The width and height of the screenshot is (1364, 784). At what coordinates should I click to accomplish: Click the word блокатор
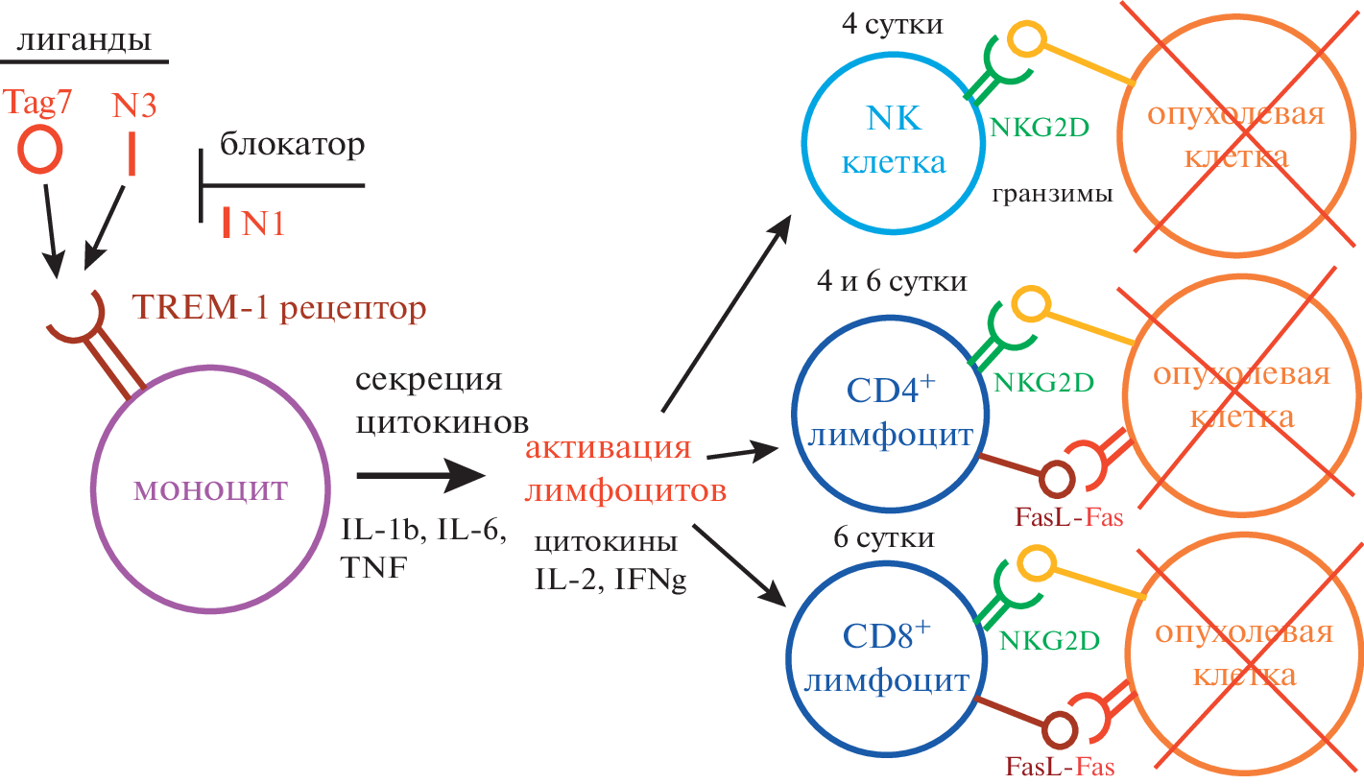click(292, 145)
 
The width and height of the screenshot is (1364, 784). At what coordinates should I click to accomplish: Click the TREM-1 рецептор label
click(279, 309)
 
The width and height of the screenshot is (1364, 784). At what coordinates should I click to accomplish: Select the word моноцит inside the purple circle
click(211, 489)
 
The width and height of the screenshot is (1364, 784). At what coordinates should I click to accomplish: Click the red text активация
click(610, 451)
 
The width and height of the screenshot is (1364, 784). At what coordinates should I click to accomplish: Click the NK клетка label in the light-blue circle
click(894, 139)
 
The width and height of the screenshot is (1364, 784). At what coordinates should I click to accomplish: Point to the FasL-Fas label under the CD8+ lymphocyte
click(1060, 766)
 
